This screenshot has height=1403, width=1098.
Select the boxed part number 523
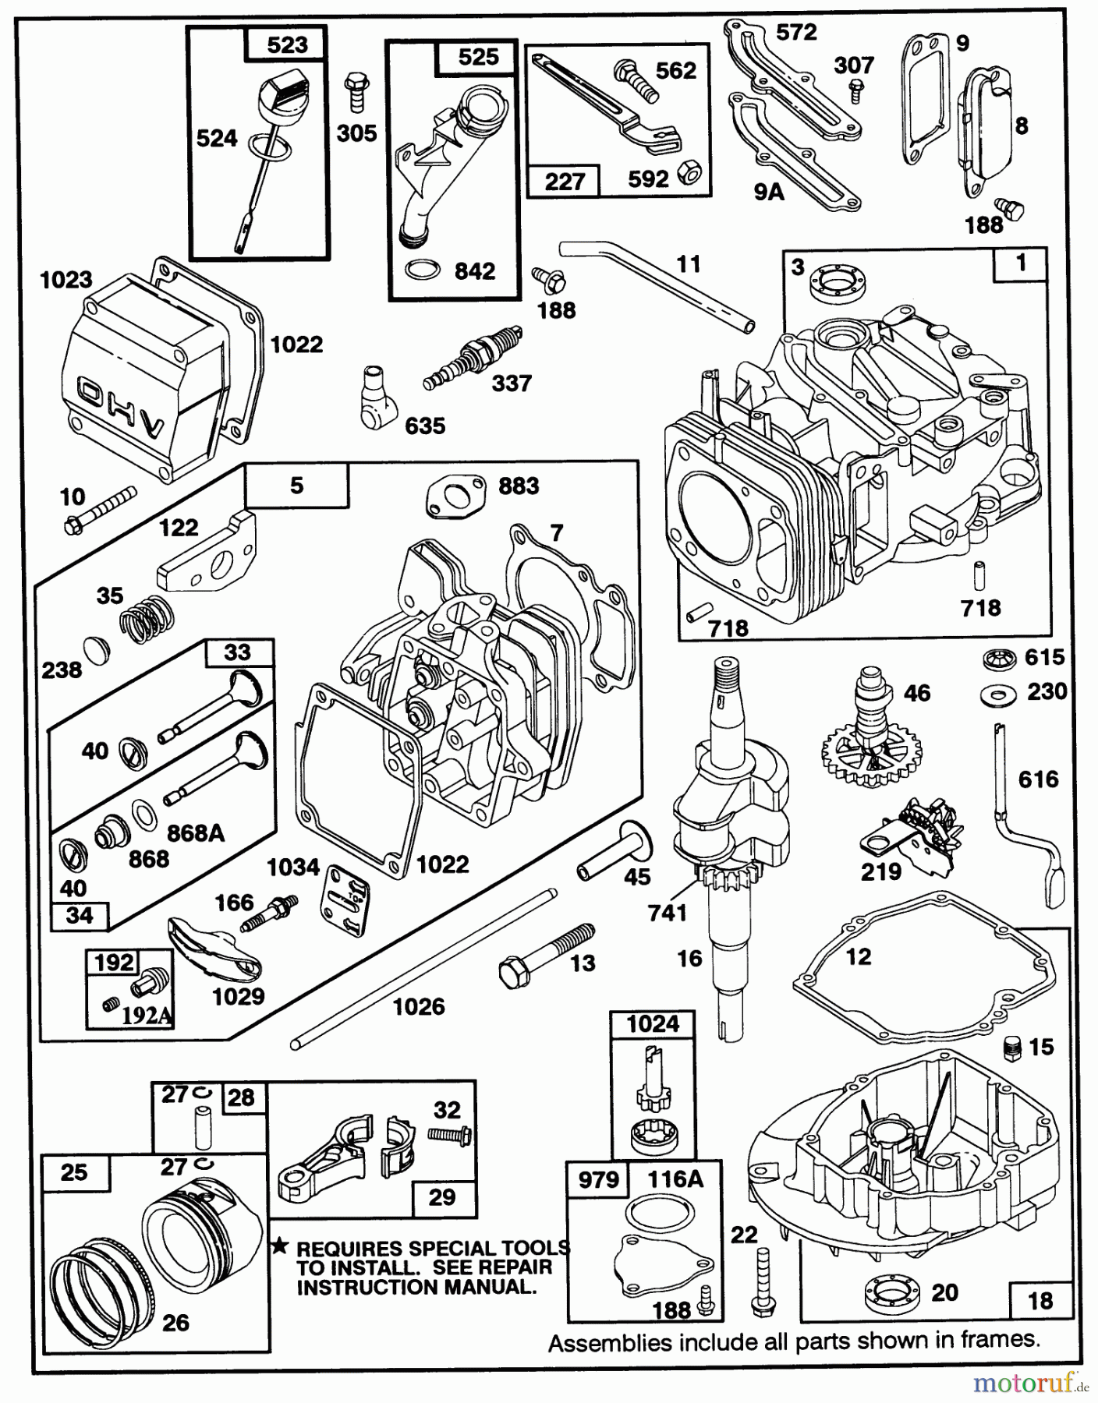287,44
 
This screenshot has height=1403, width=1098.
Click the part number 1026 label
419,1006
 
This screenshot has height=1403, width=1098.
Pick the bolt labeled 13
546,952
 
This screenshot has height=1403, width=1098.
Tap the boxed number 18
1040,1299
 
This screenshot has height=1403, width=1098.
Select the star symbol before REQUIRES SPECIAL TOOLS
280,1248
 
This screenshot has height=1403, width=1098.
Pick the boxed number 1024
653,1023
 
